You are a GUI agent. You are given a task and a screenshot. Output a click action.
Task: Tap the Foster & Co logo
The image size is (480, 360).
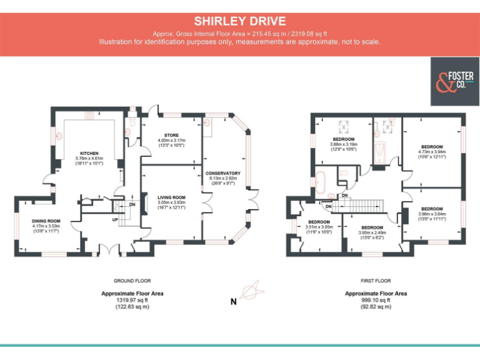(454, 81)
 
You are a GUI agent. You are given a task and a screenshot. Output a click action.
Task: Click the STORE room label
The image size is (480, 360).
(171, 135)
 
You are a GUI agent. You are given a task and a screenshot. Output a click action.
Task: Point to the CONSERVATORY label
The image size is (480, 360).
(222, 172)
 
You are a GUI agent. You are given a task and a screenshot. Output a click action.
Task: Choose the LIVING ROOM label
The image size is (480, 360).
(171, 197)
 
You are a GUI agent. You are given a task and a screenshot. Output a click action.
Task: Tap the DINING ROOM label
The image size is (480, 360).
(46, 221)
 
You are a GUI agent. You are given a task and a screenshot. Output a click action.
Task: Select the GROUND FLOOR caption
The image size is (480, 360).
(132, 281)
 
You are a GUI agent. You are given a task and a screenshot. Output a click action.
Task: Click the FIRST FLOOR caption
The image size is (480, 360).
(376, 281)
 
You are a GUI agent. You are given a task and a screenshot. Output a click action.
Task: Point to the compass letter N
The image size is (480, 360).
(233, 302)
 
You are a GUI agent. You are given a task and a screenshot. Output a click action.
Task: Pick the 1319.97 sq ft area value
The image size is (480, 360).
(132, 300)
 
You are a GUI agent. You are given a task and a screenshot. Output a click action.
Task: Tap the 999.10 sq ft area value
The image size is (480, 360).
(376, 300)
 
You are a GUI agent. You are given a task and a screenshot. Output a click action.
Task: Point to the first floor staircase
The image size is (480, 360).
(363, 204)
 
